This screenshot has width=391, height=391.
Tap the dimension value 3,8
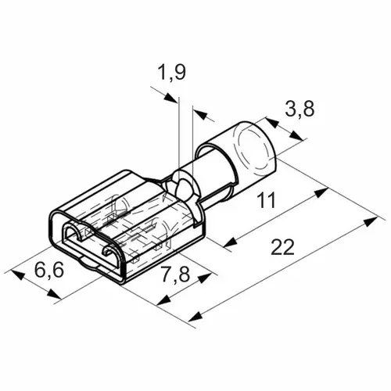coord(300,109)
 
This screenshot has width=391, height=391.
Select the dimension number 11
coord(266,200)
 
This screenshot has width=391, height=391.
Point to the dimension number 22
coord(282,247)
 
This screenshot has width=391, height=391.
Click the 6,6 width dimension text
coord(49,270)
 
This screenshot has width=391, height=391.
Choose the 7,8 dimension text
coord(175,274)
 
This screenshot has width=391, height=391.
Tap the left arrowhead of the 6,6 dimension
coord(18,275)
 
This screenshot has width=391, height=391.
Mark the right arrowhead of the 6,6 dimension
coord(53,293)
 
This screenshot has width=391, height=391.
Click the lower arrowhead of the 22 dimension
coord(195,316)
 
